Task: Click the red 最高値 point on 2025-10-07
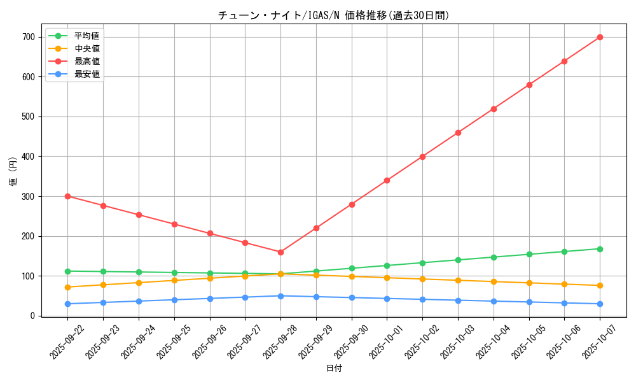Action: tap(600, 37)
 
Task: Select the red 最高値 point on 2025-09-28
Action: tap(280, 252)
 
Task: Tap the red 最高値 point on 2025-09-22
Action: tap(67, 196)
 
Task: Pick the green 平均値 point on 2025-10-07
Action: tap(600, 249)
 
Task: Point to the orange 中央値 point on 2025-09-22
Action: tap(67, 287)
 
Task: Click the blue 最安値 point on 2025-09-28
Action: tap(280, 296)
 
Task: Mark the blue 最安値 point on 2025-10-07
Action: tap(600, 304)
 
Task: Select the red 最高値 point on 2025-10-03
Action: tap(458, 132)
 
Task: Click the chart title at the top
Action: tap(333, 15)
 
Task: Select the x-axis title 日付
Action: tap(333, 369)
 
